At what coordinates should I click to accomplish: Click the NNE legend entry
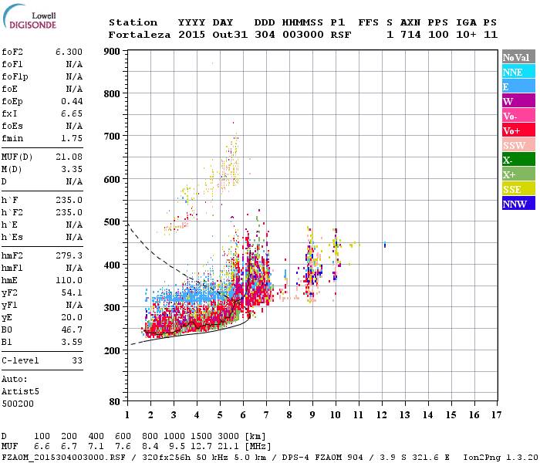click(517, 72)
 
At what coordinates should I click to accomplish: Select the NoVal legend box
click(517, 57)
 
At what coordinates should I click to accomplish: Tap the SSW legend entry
click(517, 145)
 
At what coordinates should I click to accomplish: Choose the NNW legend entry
click(517, 204)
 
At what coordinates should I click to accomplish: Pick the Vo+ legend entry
click(517, 130)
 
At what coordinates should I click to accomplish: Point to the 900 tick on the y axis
click(112, 52)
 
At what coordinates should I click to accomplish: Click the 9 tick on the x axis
click(312, 415)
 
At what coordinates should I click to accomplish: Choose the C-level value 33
click(76, 360)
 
